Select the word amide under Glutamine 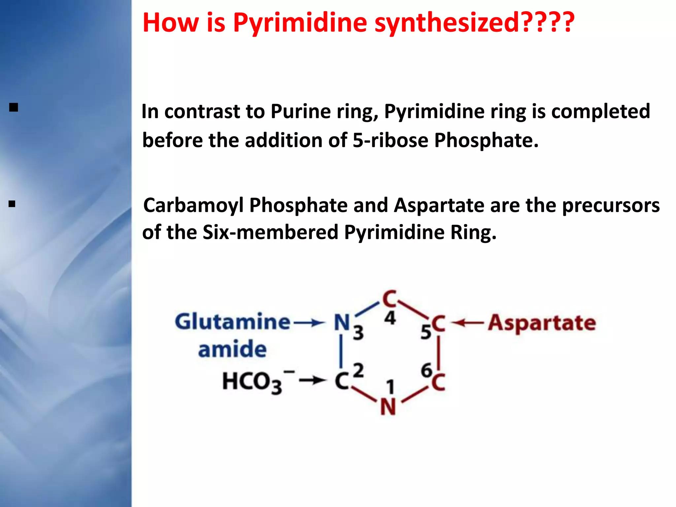[232, 350]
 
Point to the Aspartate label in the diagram [542, 322]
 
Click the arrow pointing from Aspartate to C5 [467, 322]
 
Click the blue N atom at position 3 [342, 322]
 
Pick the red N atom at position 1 [388, 407]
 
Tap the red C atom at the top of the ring [389, 299]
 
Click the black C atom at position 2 [342, 382]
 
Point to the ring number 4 [390, 318]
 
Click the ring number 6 [426, 370]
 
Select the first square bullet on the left [14, 108]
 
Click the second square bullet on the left [12, 204]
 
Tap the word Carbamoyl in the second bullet [193, 205]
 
